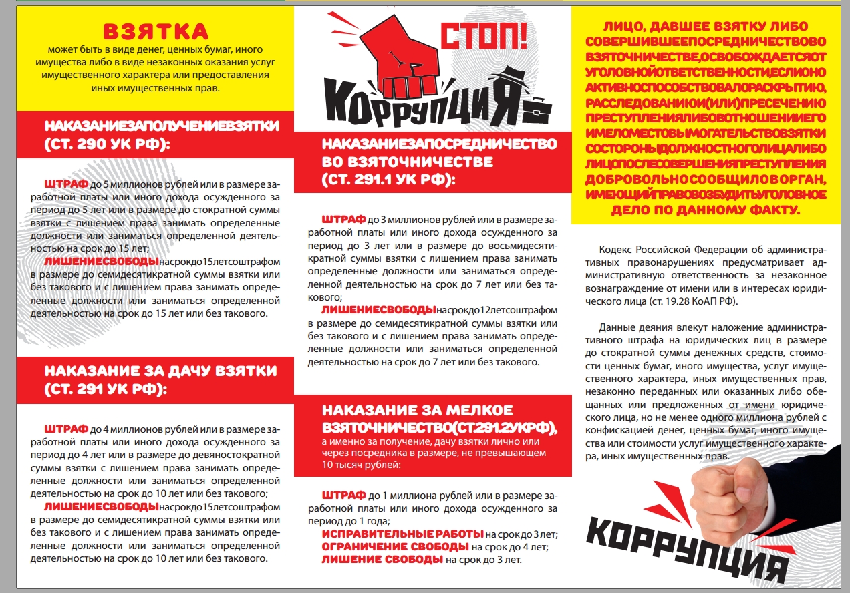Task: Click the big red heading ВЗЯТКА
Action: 155,31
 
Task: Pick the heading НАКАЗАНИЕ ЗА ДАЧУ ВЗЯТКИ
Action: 160,371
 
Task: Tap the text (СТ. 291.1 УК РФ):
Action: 388,180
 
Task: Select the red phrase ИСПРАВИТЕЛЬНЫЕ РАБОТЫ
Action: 402,534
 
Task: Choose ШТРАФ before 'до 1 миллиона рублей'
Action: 343,497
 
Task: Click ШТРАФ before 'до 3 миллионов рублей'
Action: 343,219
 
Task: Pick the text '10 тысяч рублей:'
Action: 361,465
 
